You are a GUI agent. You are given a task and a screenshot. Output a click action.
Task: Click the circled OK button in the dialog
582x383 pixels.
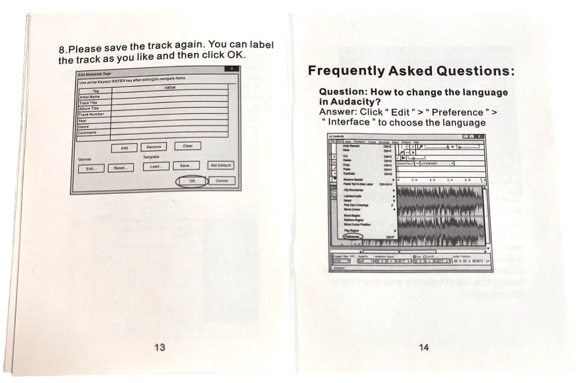click(x=192, y=181)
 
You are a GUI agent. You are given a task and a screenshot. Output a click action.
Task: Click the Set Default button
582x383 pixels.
click(x=221, y=165)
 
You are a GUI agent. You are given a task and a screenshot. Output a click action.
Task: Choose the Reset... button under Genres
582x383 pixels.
click(x=120, y=168)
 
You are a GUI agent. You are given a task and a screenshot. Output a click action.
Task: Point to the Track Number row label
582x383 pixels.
click(x=91, y=114)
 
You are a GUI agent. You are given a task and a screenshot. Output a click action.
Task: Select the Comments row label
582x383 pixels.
click(x=88, y=132)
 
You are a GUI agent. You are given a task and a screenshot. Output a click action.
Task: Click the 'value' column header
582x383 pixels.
click(x=170, y=87)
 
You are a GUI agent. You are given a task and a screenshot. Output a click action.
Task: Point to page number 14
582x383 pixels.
click(x=423, y=348)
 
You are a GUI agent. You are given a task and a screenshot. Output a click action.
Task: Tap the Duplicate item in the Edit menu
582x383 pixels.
click(x=349, y=173)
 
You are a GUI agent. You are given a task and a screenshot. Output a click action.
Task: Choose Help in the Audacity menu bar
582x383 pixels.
click(x=416, y=142)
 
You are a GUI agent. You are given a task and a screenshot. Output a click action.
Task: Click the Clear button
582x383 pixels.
click(x=188, y=146)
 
